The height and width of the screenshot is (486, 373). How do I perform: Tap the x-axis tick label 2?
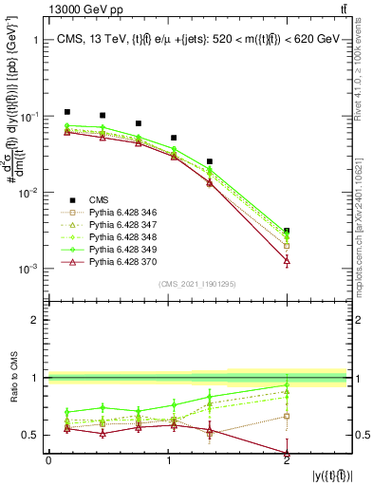pyautogui.click(x=287, y=460)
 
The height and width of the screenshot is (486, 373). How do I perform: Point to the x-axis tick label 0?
pyautogui.click(x=48, y=460)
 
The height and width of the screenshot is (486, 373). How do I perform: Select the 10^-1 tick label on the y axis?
pyautogui.click(x=30, y=116)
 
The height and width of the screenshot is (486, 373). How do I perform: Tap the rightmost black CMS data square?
pyautogui.click(x=287, y=231)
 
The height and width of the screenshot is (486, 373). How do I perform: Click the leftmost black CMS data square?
pyautogui.click(x=66, y=112)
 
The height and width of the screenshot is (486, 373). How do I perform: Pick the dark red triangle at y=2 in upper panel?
pyautogui.click(x=287, y=260)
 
